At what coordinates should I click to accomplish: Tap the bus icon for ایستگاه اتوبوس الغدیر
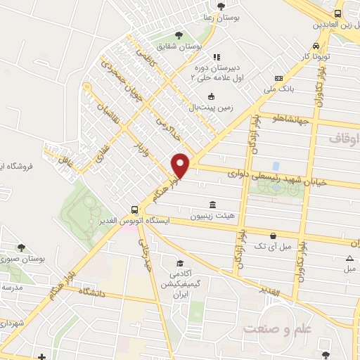[134, 210]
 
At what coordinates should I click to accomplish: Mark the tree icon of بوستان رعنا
[221, 6]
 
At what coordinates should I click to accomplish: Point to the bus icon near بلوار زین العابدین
[338, 13]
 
